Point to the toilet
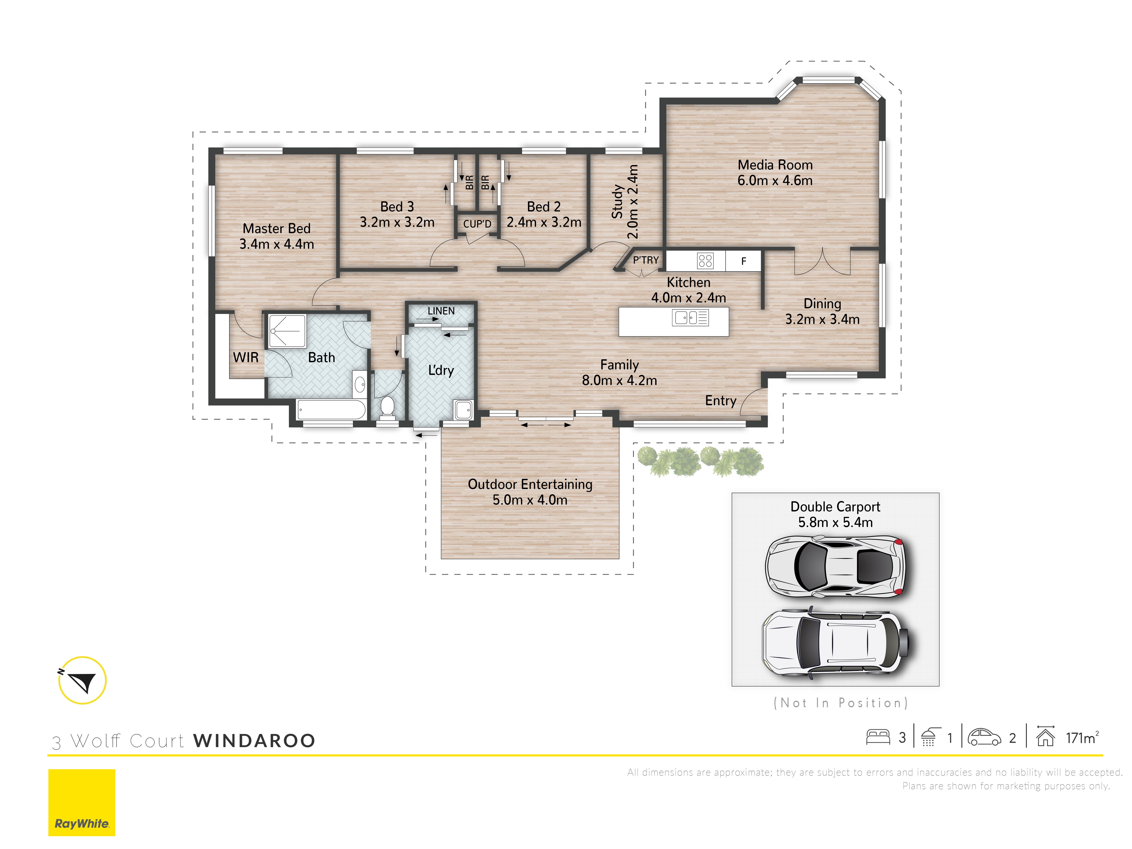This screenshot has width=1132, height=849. click(387, 407)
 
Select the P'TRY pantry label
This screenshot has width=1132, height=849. click(646, 260)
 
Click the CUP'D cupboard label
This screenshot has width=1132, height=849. click(477, 224)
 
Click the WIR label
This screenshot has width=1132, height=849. click(246, 357)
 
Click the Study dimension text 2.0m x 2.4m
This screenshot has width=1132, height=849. click(633, 202)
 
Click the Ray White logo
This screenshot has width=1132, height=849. click(82, 802)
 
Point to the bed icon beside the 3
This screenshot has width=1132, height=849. click(878, 737)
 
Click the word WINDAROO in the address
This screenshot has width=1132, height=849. click(254, 741)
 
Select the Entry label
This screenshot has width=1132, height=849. click(721, 401)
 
